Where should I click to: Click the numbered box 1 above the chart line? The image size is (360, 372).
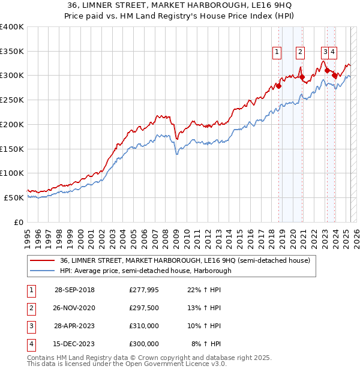[x=277, y=52]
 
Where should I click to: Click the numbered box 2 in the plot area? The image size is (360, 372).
[x=299, y=52]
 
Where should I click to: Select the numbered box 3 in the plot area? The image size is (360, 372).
[x=325, y=52]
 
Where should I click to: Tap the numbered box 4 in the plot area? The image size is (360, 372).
[x=332, y=52]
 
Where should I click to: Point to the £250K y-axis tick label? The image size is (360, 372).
[x=11, y=100]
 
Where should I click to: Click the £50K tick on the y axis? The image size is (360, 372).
[x=14, y=197]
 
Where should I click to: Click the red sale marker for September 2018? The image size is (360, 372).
[x=279, y=86]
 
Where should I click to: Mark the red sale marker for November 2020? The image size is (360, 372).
[x=302, y=77]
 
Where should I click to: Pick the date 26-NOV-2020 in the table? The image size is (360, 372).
[x=74, y=308]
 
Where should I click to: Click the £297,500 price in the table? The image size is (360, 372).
[x=144, y=308]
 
